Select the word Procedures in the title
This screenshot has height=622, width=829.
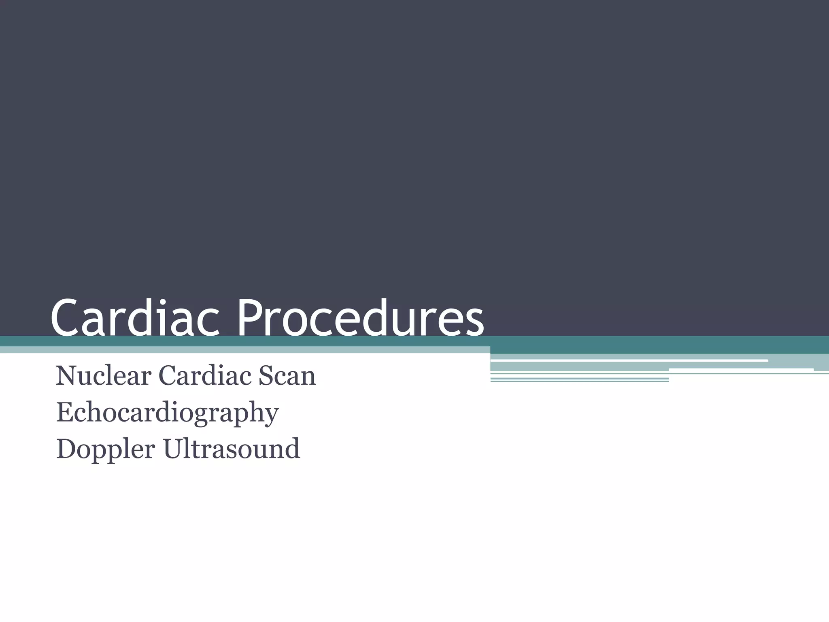click(360, 317)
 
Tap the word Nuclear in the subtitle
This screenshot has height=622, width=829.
click(103, 376)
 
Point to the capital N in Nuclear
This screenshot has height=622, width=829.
click(67, 376)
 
